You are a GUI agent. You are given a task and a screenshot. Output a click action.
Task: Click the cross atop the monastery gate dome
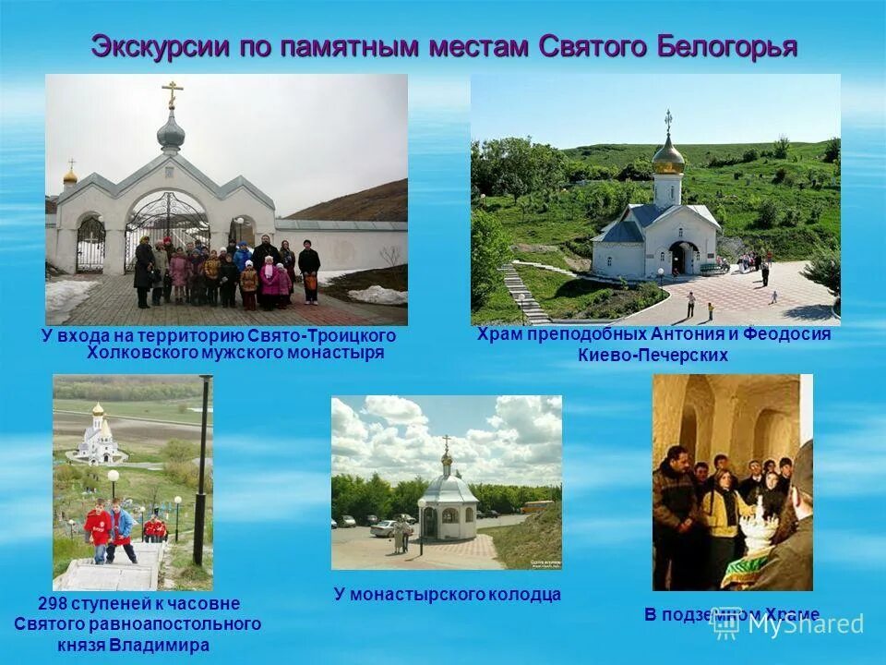(172, 93)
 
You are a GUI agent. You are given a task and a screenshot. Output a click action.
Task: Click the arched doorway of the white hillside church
(685, 258)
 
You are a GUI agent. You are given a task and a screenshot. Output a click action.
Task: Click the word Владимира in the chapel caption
(159, 645)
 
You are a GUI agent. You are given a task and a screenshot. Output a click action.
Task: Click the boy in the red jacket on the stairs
(98, 530)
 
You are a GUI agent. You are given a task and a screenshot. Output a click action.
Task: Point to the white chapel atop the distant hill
(99, 436)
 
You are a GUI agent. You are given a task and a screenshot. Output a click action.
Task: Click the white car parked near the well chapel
(383, 527)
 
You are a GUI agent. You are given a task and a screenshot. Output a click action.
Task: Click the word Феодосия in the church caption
(787, 334)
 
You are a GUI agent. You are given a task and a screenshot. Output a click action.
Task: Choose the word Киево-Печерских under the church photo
(653, 355)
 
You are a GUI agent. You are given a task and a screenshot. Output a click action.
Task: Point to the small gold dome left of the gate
(70, 175)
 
